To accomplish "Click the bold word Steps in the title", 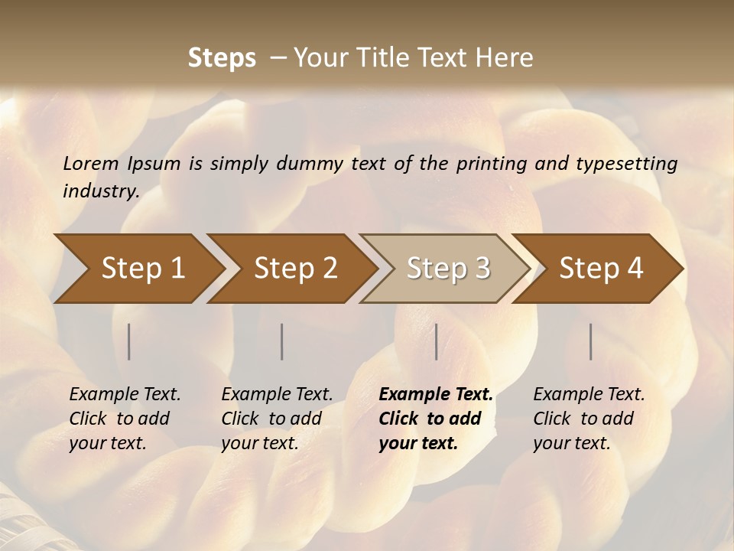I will tap(222, 58).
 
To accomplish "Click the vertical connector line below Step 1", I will tap(128, 341).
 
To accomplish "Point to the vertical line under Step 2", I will tap(281, 341).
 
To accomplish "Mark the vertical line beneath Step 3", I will tap(436, 341).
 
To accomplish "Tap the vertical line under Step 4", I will tap(590, 341).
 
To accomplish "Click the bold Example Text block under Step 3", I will tap(436, 419).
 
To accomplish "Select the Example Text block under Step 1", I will tap(125, 419).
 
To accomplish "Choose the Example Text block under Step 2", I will tap(277, 419).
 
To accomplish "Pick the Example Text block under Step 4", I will tap(589, 419).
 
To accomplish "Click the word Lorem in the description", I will tap(91, 163).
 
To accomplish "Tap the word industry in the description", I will tap(100, 191).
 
